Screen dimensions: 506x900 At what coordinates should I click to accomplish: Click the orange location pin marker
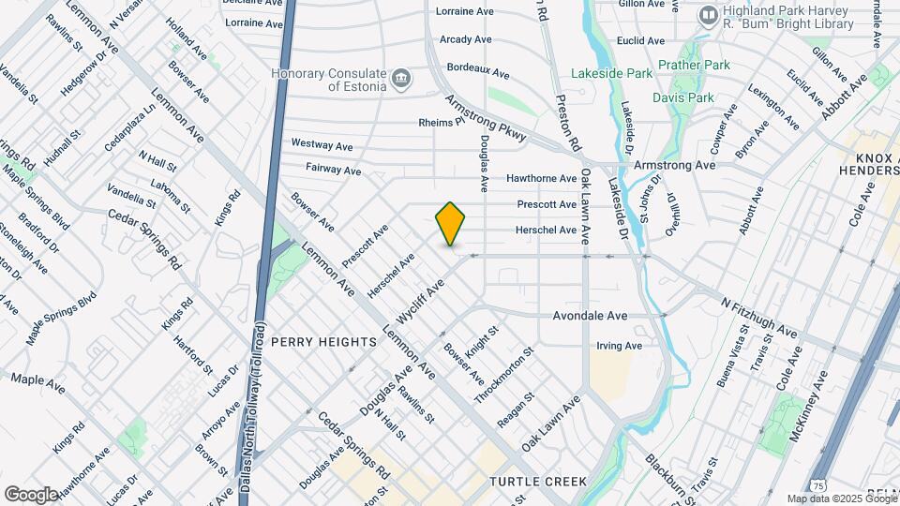(x=451, y=224)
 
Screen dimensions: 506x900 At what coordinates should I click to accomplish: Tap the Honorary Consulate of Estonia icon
(x=402, y=77)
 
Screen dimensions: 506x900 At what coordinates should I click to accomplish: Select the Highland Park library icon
(x=709, y=16)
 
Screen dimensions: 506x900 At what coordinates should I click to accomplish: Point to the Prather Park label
(x=694, y=65)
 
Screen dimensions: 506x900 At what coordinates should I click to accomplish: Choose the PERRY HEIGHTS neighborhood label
(x=323, y=342)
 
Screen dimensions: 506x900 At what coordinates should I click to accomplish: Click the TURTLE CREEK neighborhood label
(x=538, y=482)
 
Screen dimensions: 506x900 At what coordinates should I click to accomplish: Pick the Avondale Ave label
(x=590, y=316)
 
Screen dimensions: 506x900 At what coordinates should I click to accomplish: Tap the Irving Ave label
(x=619, y=346)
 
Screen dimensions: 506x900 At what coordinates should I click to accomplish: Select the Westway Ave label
(x=322, y=145)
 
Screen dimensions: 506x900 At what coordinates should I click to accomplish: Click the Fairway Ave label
(x=333, y=170)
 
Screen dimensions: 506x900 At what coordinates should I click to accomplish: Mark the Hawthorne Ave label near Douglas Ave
(x=541, y=178)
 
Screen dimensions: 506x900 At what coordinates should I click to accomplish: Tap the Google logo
(x=31, y=494)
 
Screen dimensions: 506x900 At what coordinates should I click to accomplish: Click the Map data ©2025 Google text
(x=841, y=499)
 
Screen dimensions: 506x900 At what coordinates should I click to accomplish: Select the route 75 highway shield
(x=820, y=485)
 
